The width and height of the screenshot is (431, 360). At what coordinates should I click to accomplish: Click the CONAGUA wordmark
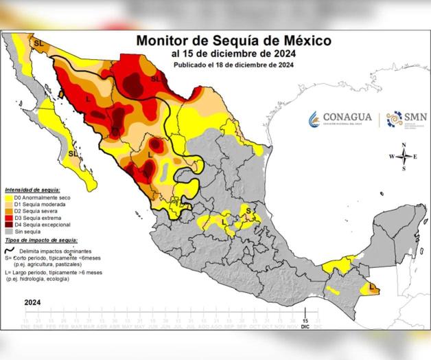347,117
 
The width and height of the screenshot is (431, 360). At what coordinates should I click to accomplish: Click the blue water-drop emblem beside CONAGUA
314,118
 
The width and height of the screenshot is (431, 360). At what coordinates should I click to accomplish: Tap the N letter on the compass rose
404,145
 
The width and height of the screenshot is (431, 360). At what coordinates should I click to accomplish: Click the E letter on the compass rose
416,157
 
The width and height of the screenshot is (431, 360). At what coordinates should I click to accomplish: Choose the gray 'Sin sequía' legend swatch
9,231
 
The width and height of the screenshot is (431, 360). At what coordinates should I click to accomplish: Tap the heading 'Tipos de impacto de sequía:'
40,240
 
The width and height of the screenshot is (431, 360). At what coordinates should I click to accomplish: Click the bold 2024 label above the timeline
32,302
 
